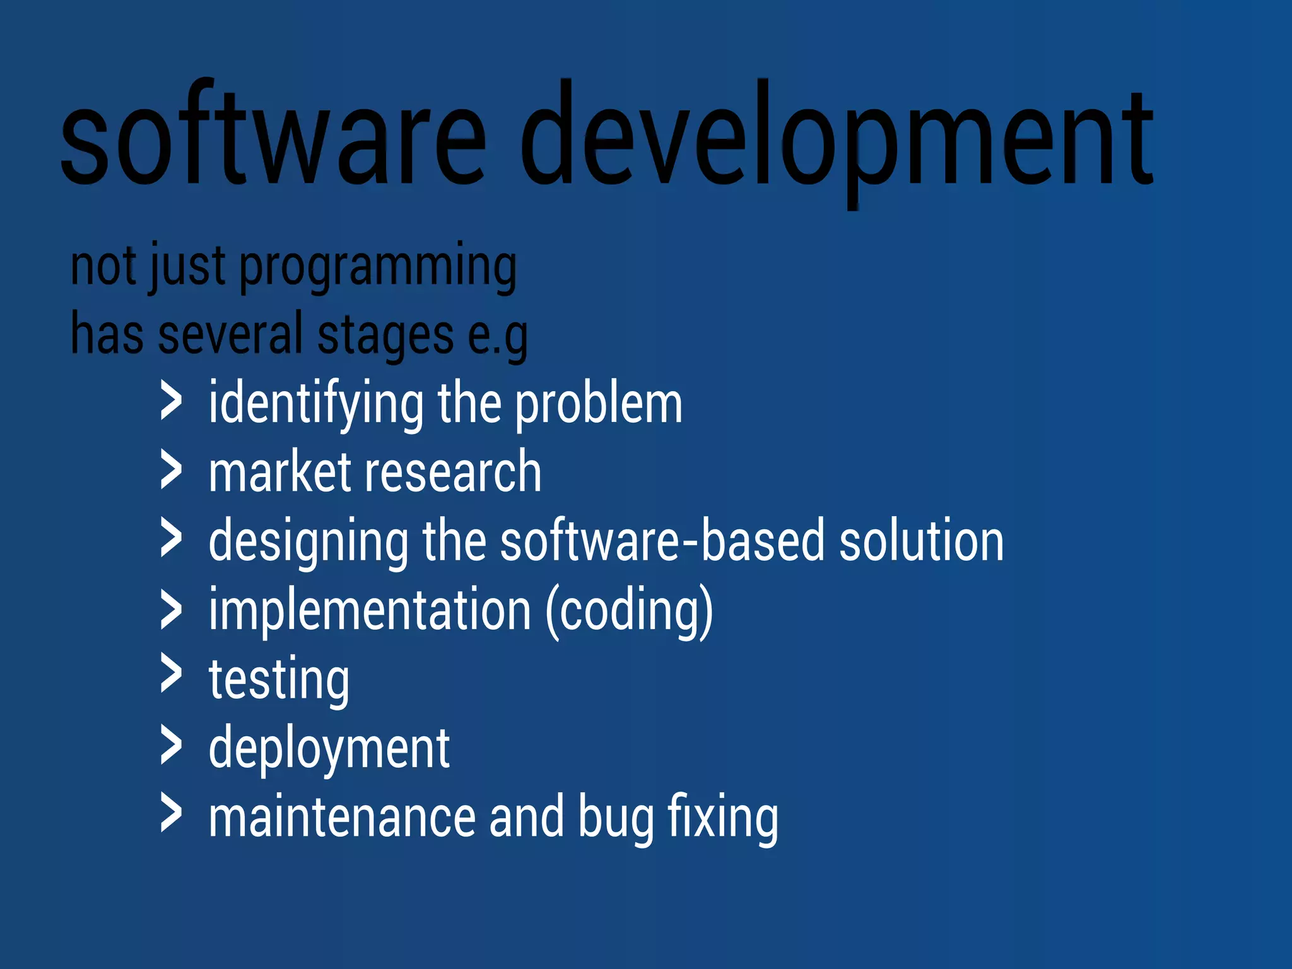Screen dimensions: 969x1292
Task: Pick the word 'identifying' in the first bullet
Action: [x=316, y=404]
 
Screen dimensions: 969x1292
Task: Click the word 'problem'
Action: [x=599, y=404]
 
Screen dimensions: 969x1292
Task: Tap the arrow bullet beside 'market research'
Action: [x=171, y=470]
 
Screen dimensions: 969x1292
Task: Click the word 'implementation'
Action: [x=370, y=610]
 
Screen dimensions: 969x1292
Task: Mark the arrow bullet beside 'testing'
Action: [x=171, y=673]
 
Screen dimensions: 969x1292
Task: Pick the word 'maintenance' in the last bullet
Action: [x=341, y=818]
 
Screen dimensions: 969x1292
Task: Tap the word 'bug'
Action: [x=616, y=819]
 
